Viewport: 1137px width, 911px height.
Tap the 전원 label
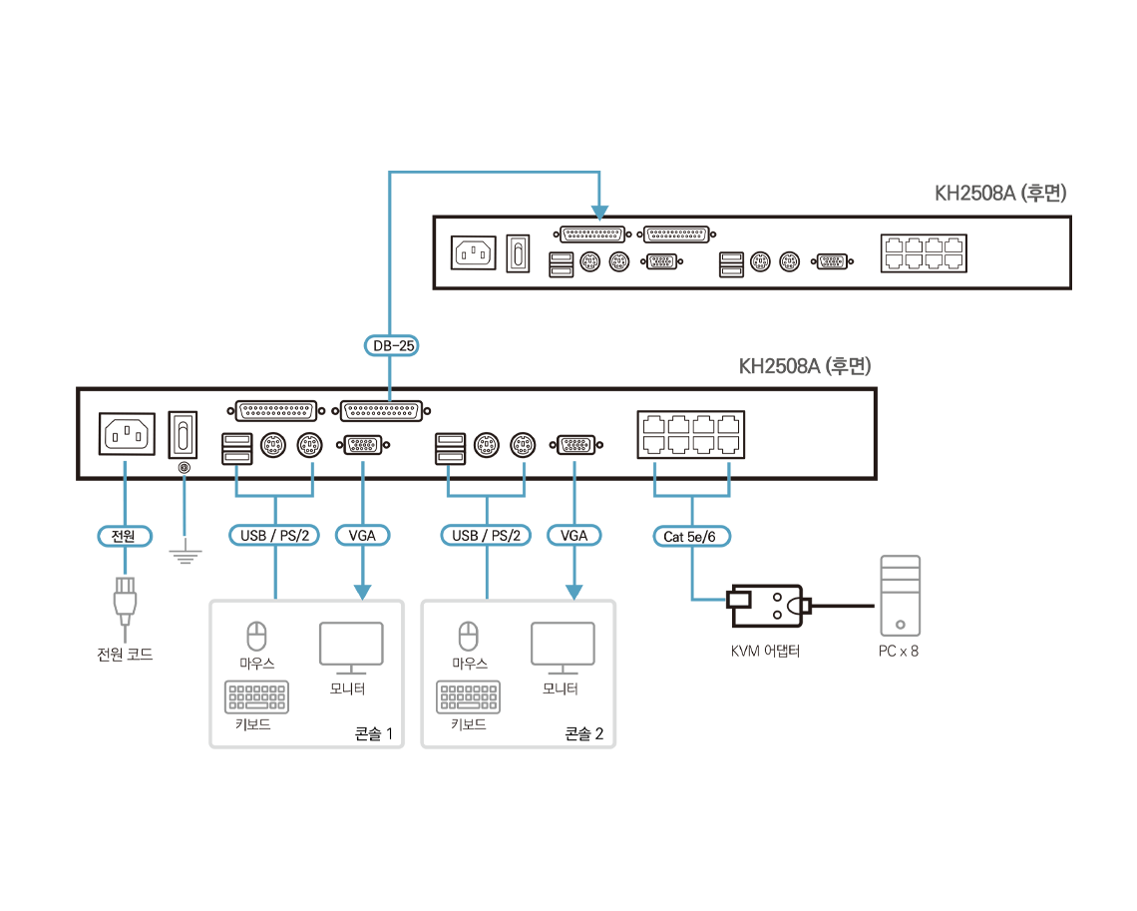point(125,536)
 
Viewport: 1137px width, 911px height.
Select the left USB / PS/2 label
point(277,536)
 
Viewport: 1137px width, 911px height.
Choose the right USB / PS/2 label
point(488,536)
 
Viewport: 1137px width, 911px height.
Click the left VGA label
point(362,536)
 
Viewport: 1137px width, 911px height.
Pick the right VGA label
point(573,536)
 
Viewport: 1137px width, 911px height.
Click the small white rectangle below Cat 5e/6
point(739,600)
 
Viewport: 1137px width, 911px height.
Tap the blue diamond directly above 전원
point(125,466)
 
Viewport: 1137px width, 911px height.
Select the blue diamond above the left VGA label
point(362,466)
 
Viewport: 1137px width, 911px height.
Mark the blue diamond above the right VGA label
point(573,466)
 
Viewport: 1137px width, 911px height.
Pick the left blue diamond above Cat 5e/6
point(654,467)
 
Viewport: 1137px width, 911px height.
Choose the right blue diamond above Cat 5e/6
point(729,467)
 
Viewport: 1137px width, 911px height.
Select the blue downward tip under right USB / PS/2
point(488,591)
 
